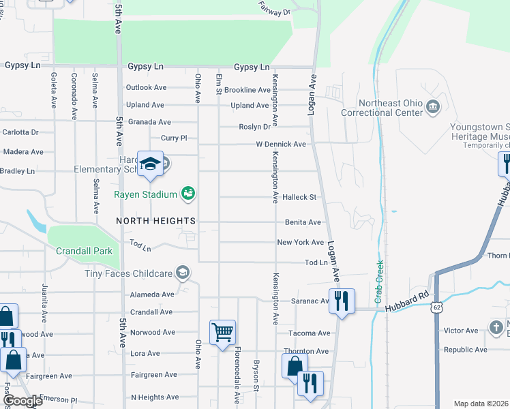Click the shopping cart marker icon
click(223, 333)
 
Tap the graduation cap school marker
click(149, 164)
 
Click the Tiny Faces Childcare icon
click(182, 273)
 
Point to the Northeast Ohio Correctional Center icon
click(432, 107)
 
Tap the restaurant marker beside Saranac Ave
click(342, 301)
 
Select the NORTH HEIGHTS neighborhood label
click(156, 221)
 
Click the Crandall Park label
click(85, 251)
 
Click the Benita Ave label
click(303, 222)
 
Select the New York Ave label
click(300, 243)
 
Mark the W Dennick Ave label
click(281, 145)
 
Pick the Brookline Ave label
click(247, 90)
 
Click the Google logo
click(22, 401)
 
